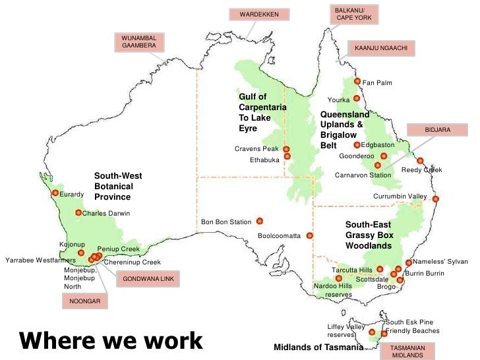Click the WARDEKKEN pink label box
[x=259, y=14]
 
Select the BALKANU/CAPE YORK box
[x=354, y=14]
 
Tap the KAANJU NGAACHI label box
[x=381, y=49]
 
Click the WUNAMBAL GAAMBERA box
[x=138, y=42]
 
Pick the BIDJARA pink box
[x=437, y=130]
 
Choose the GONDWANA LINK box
[x=148, y=279]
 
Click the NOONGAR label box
[x=84, y=301]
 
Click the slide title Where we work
[x=111, y=340]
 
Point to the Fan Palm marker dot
[x=357, y=82]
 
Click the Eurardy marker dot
[x=55, y=193]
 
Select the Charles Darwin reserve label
[x=106, y=214]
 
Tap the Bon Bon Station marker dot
[x=260, y=221]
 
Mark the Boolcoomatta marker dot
[x=309, y=235]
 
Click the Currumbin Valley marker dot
[x=436, y=198]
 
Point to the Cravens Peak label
[x=256, y=149]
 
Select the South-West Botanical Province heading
[x=118, y=187]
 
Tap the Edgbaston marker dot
[x=357, y=145]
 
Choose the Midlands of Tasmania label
[x=317, y=347]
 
